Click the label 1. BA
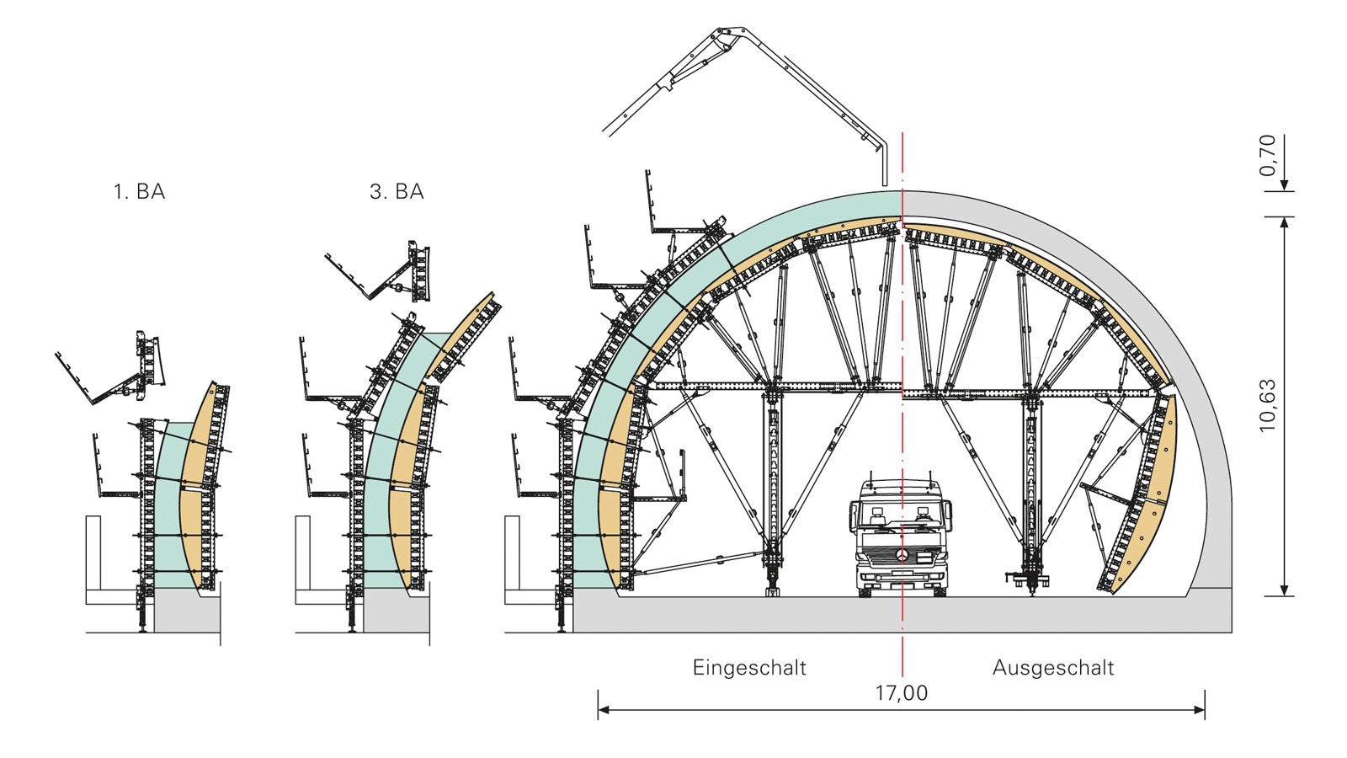pos(139,191)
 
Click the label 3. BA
pos(397,191)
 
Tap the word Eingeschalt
pos(749,668)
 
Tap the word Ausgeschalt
pos(1053,668)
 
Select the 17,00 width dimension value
pos(902,693)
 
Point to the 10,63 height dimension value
pos(1267,405)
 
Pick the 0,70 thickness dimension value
pos(1267,155)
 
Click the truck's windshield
pos(900,515)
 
